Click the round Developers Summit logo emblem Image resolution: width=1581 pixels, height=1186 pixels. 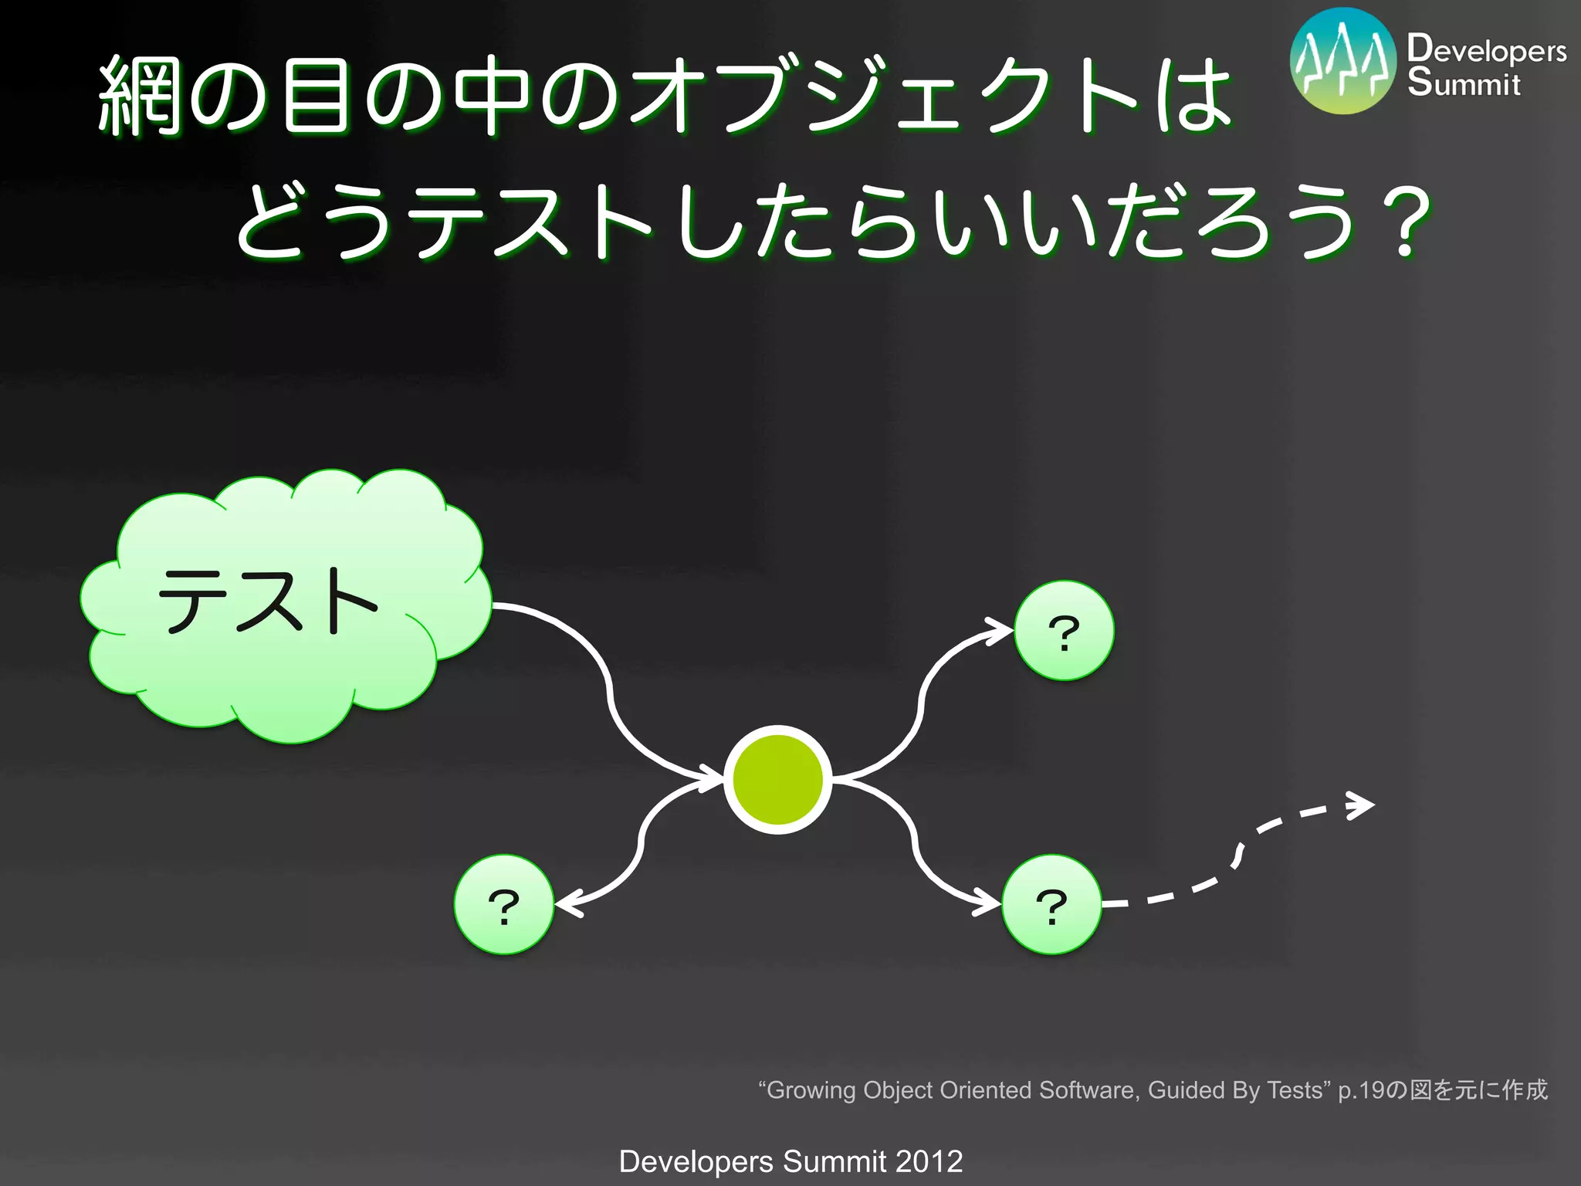1343,62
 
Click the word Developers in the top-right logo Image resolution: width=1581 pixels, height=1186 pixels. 1486,49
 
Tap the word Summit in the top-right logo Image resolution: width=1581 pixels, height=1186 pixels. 1463,83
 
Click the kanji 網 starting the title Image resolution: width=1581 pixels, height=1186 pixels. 140,97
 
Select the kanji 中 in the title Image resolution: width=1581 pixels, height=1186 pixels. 492,97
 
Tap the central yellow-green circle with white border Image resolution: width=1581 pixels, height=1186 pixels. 777,780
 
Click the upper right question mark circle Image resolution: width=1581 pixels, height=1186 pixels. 1064,631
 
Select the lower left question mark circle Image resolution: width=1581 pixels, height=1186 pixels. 504,905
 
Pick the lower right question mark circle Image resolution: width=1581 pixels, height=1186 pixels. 1051,905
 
